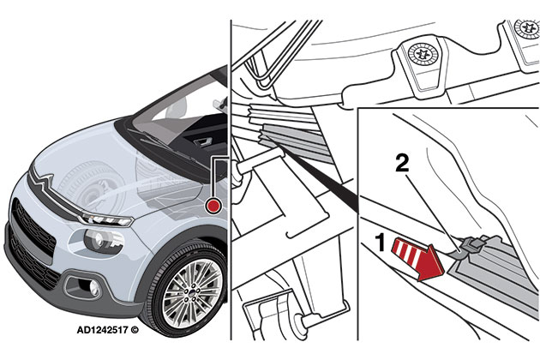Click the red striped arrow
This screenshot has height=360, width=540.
417,257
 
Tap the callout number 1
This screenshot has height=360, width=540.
381,243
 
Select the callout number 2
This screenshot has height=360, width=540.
402,163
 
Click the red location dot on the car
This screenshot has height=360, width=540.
213,206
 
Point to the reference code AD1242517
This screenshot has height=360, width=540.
102,330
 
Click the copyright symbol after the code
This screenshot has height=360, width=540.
135,330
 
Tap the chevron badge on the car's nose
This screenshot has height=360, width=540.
45,181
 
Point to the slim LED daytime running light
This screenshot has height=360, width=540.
107,219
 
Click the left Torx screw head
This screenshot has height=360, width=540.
423,55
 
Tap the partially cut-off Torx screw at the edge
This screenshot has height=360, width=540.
527,28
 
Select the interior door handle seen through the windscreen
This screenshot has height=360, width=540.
201,141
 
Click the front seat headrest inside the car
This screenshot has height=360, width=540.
177,109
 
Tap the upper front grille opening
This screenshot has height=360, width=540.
33,225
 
